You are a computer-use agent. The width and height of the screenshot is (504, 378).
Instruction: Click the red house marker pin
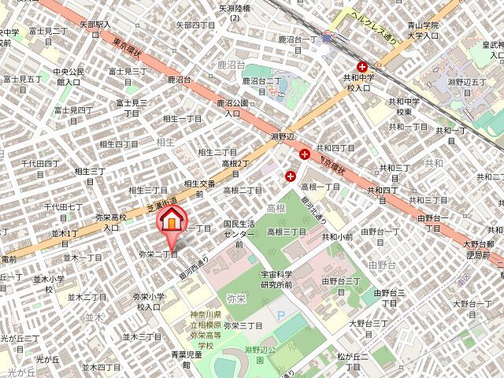(171, 224)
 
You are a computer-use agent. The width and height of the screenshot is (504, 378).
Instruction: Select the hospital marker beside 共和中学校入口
(362, 67)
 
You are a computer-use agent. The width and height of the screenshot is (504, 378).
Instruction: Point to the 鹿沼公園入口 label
(232, 108)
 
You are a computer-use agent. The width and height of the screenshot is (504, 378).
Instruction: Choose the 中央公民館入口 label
(67, 76)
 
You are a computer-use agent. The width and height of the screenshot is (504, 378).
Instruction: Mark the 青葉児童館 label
(187, 359)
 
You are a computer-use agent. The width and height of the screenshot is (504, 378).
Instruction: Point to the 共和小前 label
(336, 236)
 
